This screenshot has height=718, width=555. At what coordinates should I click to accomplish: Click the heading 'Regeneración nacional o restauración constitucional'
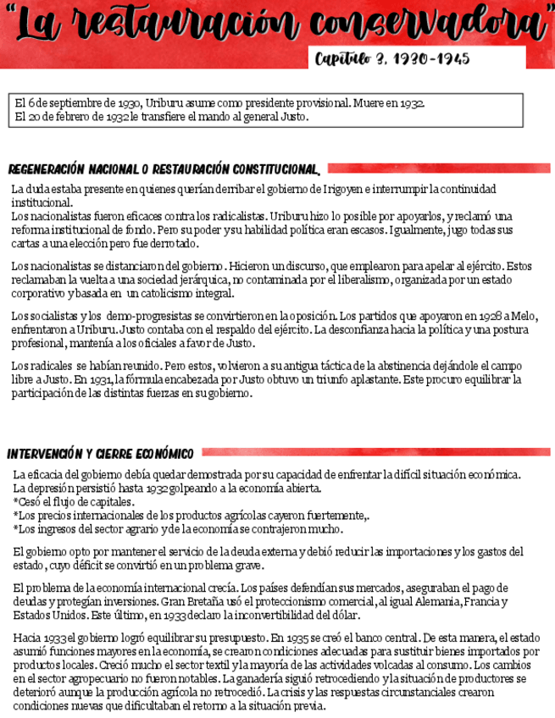pyautogui.click(x=164, y=168)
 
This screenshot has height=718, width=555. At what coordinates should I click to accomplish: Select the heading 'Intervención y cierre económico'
pyautogui.click(x=101, y=454)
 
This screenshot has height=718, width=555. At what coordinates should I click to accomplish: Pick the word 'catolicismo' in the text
pyautogui.click(x=171, y=293)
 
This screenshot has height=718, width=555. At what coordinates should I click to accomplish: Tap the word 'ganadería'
pyautogui.click(x=247, y=678)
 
